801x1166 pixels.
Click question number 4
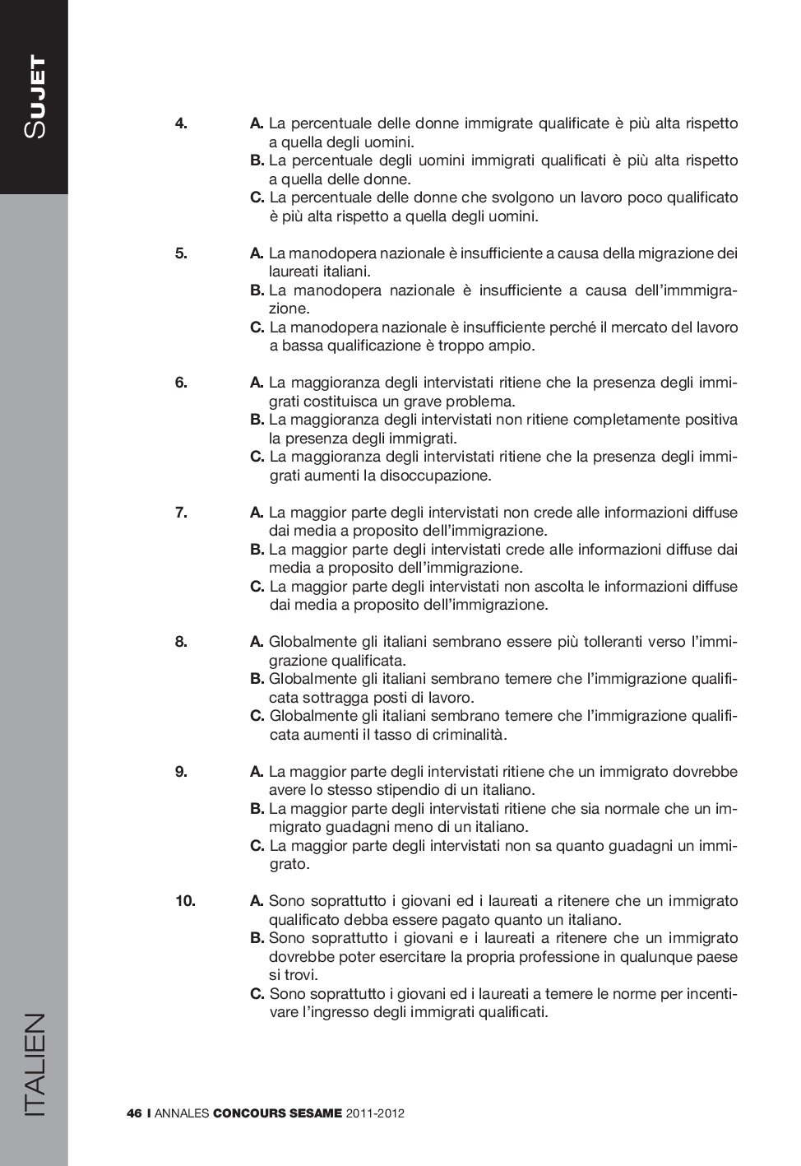point(181,124)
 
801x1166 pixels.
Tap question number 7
point(181,513)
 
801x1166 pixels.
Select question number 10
point(185,901)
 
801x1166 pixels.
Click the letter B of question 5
point(257,290)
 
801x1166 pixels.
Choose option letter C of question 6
point(257,457)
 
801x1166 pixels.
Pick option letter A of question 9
point(257,772)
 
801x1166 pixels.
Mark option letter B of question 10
point(257,938)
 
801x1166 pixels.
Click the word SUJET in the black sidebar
point(35,97)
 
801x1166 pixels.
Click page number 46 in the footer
point(135,1114)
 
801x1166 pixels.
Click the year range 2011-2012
point(375,1114)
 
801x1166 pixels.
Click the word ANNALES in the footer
point(181,1114)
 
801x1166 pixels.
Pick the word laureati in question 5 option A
point(294,272)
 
